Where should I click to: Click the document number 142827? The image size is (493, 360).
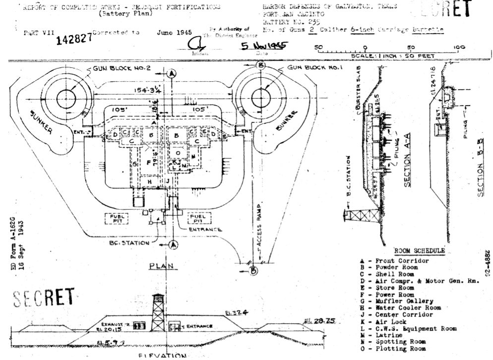74,39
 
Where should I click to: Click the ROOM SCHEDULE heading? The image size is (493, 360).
419,251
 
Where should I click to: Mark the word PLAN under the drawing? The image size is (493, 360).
162,266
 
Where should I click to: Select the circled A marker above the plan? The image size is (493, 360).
172,73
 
